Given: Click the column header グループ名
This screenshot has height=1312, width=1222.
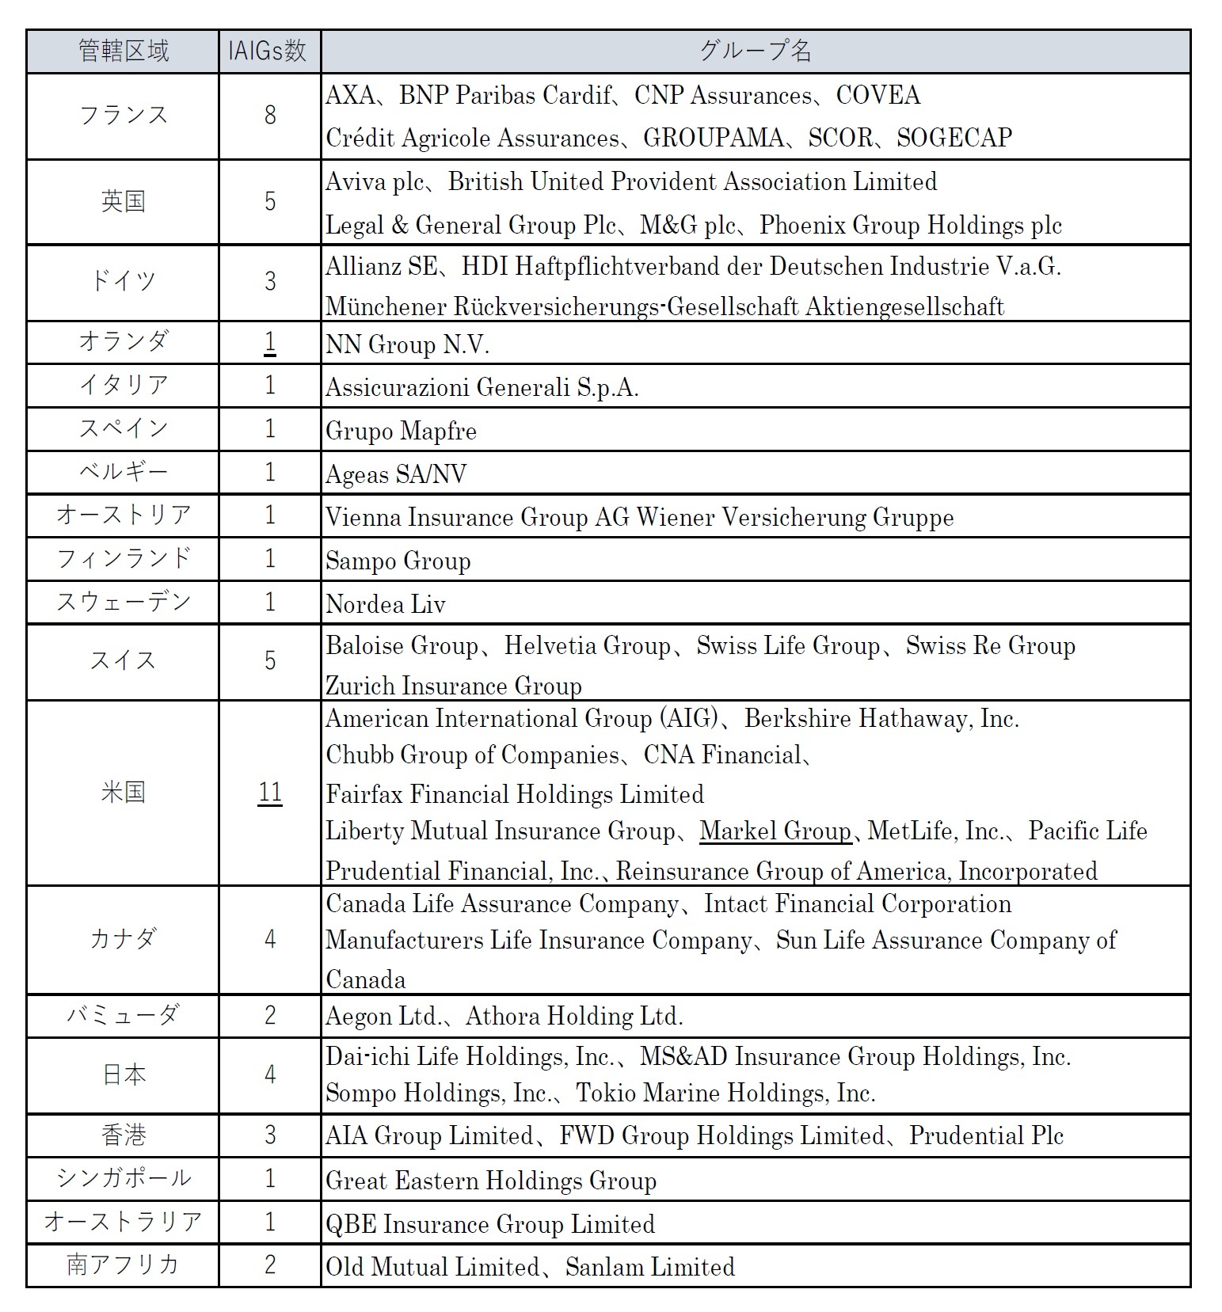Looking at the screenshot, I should [x=755, y=51].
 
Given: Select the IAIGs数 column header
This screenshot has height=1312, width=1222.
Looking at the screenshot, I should [x=268, y=51].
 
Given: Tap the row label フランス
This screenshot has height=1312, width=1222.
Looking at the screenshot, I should [x=124, y=116].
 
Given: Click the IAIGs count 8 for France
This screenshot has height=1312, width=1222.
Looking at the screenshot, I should [x=270, y=116].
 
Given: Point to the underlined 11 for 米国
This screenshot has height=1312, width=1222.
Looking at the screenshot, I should [x=270, y=793].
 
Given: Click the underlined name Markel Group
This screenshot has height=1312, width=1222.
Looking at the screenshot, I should [x=775, y=831].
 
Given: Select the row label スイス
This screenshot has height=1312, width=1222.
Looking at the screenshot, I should [x=124, y=660].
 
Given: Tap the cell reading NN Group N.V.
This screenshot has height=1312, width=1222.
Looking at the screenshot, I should [x=407, y=344].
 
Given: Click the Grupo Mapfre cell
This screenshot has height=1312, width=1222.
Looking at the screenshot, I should [x=401, y=431].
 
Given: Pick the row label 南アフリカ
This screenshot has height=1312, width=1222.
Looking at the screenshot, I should [x=124, y=1264].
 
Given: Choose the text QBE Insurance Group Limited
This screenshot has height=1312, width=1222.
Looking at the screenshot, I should [x=490, y=1224].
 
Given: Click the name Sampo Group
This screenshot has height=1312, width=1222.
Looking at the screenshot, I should [x=398, y=561].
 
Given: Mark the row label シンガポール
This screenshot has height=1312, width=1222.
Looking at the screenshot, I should [x=124, y=1178].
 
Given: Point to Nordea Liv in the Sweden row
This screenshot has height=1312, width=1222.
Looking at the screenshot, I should [x=386, y=604].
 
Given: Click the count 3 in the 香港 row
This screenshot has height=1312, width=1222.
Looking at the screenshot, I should [x=270, y=1135].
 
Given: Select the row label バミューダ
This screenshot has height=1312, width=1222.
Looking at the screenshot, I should [x=124, y=1015].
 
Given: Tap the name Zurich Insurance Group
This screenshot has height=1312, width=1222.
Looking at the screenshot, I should [x=454, y=685].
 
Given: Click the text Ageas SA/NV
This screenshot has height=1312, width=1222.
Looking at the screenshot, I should [x=396, y=474].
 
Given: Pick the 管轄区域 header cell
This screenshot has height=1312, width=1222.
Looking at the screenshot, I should [x=124, y=51].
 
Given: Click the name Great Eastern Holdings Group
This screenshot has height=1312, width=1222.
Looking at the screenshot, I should [x=491, y=1181].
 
